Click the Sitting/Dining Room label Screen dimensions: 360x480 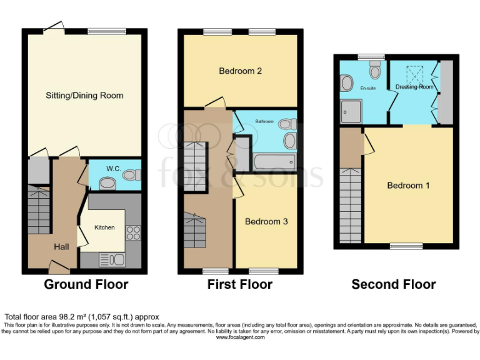pos(84,96)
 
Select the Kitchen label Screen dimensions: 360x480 pos(104,227)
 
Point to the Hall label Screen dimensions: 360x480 pos(61,247)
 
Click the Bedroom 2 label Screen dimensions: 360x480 pos(240,71)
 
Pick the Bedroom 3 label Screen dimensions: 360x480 pos(266,221)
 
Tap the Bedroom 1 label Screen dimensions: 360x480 pos(408,186)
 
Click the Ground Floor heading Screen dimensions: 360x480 pos(86,285)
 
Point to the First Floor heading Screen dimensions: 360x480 pos(240,285)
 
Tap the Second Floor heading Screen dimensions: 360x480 pos(394,285)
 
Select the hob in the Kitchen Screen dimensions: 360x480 pos(133,232)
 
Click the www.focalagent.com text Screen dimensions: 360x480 pos(240,337)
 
